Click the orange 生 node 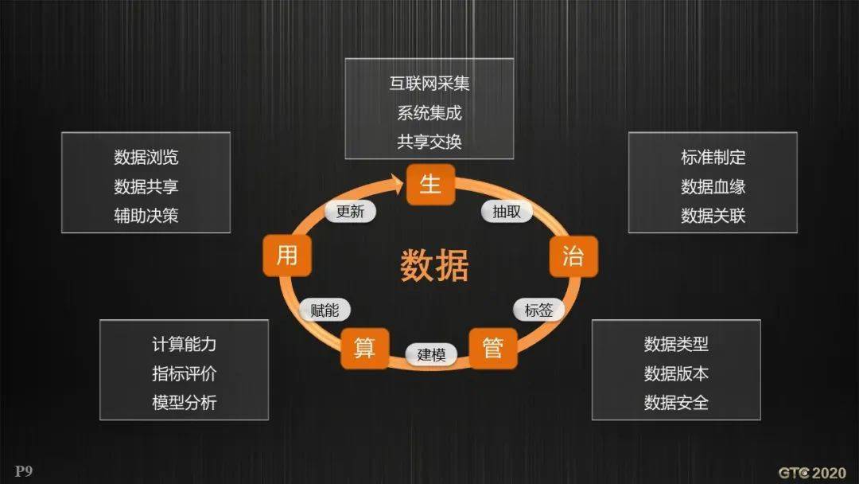pos(430,184)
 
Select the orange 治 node pos(573,256)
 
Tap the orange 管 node pos(493,348)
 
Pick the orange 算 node pos(365,348)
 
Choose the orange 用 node pos(287,256)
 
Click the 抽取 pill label pos(507,211)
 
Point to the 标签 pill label pos(538,310)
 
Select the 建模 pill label pos(431,354)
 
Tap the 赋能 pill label pos(325,310)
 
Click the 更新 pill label pos(350,211)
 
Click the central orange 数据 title pos(434,265)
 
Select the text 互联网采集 pos(429,84)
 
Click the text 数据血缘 pos(713,186)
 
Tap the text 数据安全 pos(676,402)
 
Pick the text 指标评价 pos(184,373)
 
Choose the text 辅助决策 pos(146,216)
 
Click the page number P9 pos(24,470)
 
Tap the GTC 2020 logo pos(812,473)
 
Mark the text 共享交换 pos(429,142)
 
